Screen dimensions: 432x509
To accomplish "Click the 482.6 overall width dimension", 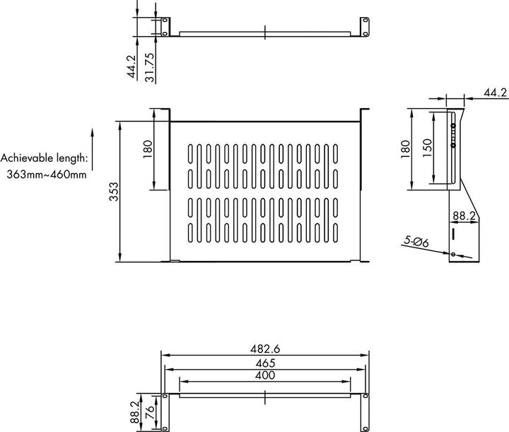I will pyautogui.click(x=265, y=349).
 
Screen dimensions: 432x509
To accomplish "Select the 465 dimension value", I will pyautogui.click(x=265, y=363).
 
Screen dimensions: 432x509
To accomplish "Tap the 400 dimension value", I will pyautogui.click(x=265, y=375).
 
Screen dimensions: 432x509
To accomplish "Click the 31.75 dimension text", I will pyautogui.click(x=149, y=66).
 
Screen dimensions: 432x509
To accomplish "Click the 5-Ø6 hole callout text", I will pyautogui.click(x=416, y=243).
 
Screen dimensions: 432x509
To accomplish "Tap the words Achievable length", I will pyautogui.click(x=45, y=158).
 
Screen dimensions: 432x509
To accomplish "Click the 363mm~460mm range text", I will pyautogui.click(x=47, y=173).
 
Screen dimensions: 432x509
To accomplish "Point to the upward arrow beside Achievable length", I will pyautogui.click(x=93, y=149).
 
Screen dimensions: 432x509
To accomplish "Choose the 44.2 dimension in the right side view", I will pyautogui.click(x=495, y=93).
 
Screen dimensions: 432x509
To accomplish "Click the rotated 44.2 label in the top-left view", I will pyautogui.click(x=131, y=66).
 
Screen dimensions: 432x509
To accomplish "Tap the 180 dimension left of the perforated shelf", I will pyautogui.click(x=148, y=149).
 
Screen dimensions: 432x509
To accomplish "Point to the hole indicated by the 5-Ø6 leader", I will pyautogui.click(x=452, y=254).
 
